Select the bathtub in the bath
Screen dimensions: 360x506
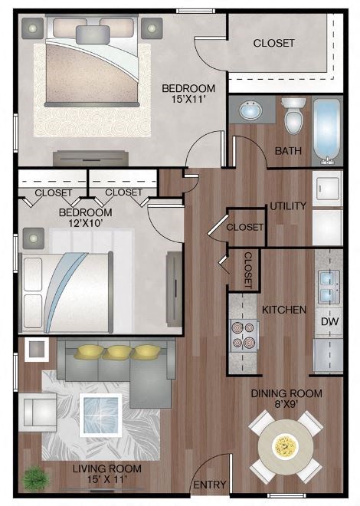pos(327,131)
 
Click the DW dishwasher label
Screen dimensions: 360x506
pos(329,321)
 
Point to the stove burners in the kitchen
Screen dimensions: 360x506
pos(244,335)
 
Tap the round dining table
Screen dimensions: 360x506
pos(286,447)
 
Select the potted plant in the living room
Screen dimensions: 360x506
pos(35,478)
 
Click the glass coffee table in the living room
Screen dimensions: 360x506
pos(100,415)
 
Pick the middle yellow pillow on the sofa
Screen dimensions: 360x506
pos(118,352)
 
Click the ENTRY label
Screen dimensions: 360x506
pos(210,485)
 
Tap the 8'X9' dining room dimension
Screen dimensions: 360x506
pos(286,404)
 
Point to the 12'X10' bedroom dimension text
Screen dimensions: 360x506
pos(86,223)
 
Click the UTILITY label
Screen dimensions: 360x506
pos(288,206)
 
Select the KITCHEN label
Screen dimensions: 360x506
pos(284,310)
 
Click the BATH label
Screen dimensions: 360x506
pos(288,151)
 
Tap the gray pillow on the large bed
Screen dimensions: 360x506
pos(93,34)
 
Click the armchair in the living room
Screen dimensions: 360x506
pos(38,412)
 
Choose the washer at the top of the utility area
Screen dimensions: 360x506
pos(328,189)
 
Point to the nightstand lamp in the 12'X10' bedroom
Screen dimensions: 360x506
pos(34,238)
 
